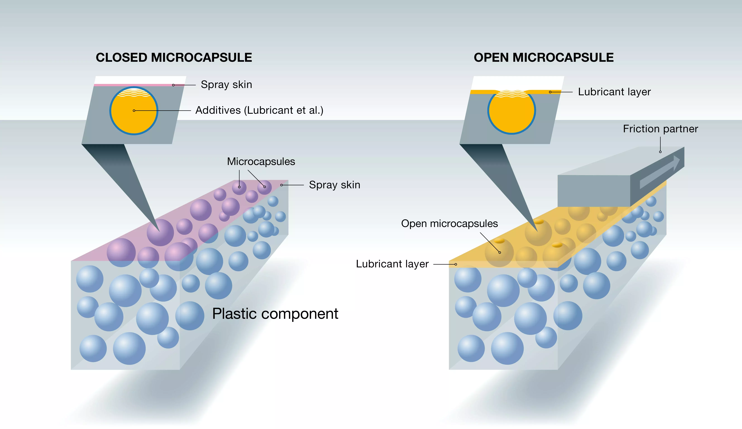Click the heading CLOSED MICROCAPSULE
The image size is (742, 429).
coord(174,57)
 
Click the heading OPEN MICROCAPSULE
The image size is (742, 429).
coord(543,57)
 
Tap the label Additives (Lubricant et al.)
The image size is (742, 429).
coord(259,110)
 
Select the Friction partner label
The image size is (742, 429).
coord(660,129)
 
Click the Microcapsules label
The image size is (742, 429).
coord(261,161)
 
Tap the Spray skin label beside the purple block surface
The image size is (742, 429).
coord(334,185)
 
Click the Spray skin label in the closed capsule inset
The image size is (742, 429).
coord(226,85)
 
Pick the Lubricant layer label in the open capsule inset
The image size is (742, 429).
coord(614,92)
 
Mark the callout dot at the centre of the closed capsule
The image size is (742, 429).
coord(134,110)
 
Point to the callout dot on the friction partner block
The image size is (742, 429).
coord(660,152)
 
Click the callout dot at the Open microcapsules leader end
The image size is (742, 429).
coord(500,253)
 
